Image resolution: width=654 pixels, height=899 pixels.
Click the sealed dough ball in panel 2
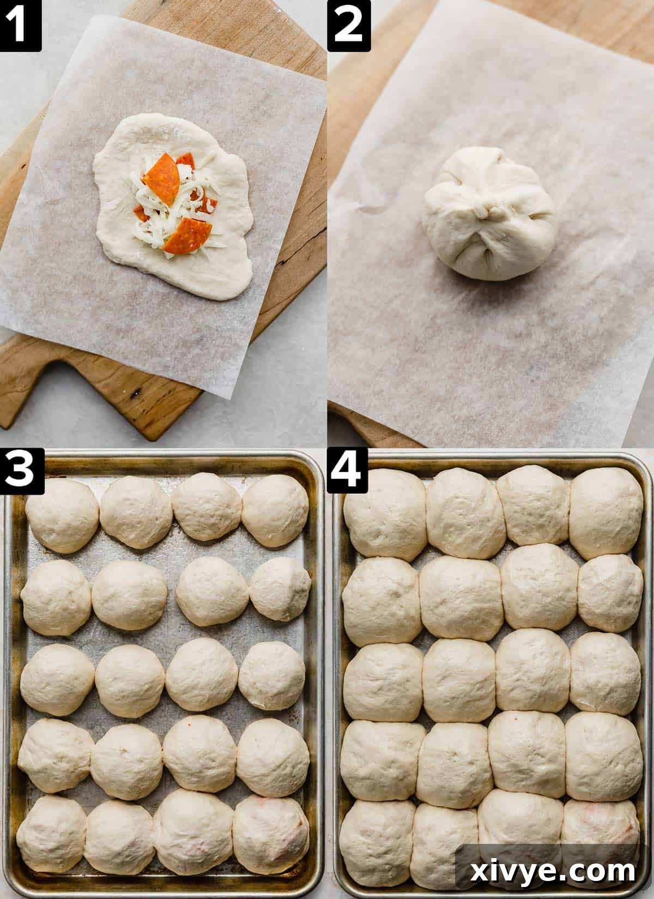[x=489, y=212]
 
